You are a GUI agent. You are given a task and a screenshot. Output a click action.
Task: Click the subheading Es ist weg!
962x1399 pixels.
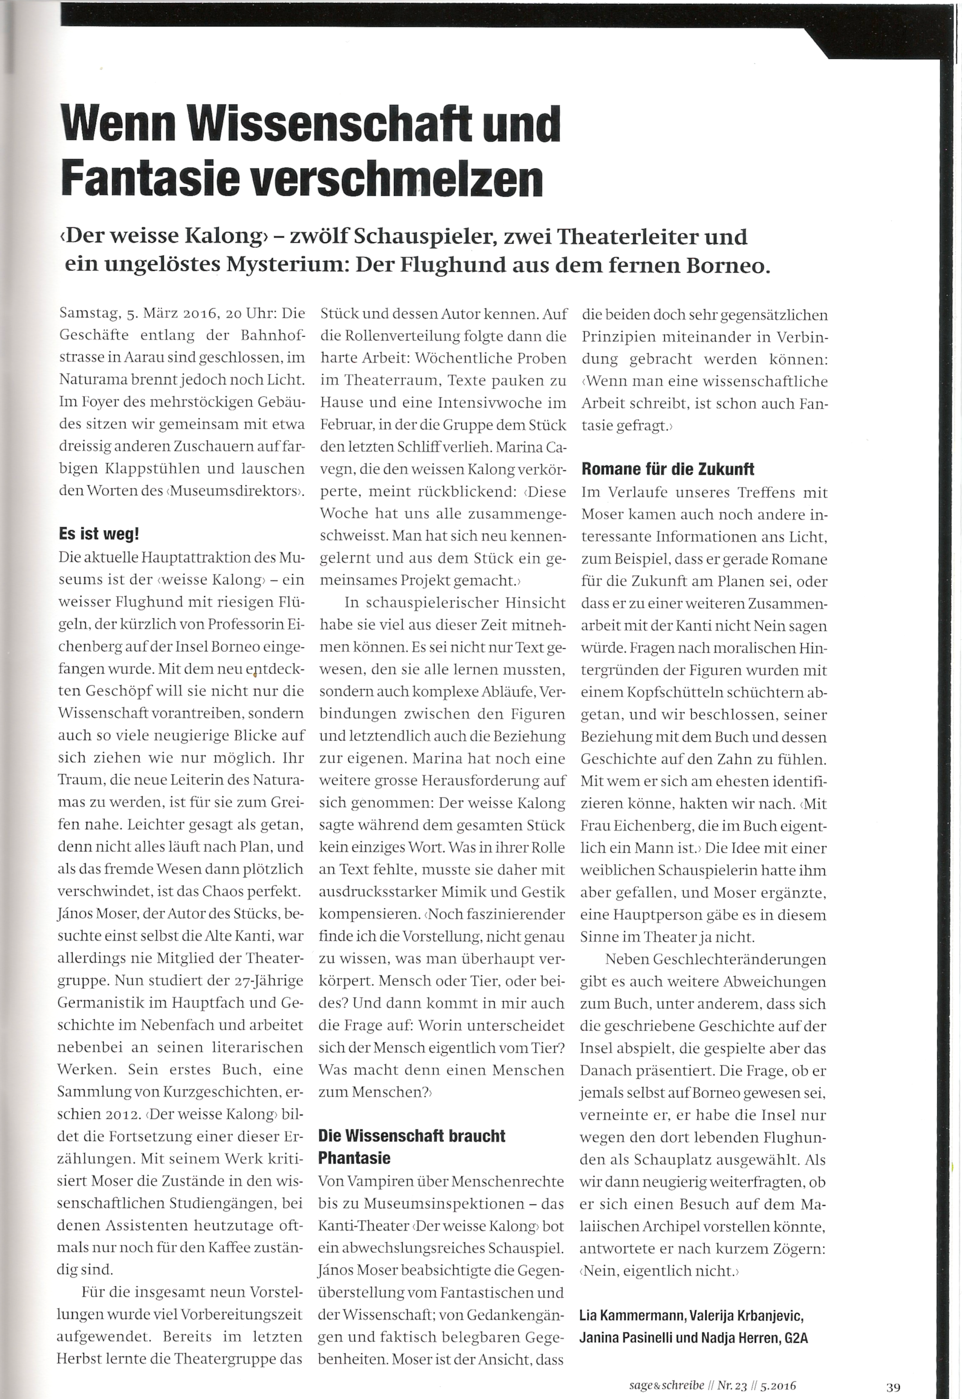coord(99,534)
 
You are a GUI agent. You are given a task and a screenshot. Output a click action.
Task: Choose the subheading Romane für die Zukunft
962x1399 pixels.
coord(667,469)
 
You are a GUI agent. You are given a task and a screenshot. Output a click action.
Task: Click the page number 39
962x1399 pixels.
coord(892,1387)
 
